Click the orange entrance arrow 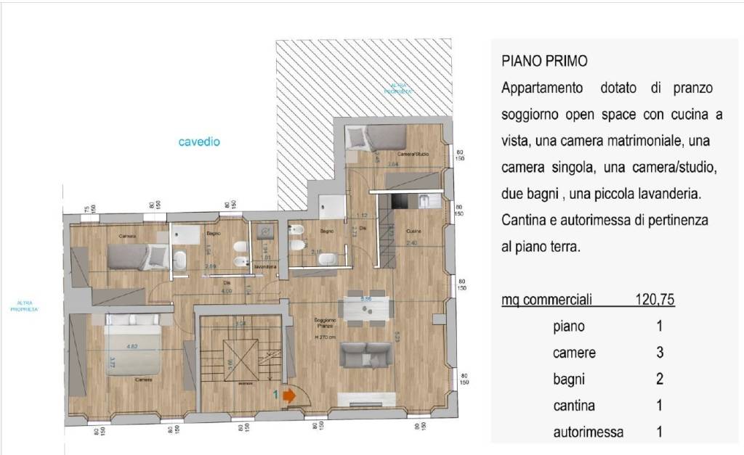[x=288, y=396]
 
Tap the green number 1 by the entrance [x=276, y=395]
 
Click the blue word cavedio [x=199, y=142]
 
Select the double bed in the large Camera [x=134, y=340]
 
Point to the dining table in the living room [x=367, y=308]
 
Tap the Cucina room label [x=413, y=230]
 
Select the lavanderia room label [x=265, y=268]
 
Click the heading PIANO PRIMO [x=544, y=61]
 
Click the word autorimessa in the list [x=588, y=433]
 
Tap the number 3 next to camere [x=659, y=353]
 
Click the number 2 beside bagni [x=659, y=379]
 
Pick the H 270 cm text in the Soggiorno [x=324, y=337]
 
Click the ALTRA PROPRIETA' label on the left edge [x=25, y=306]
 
